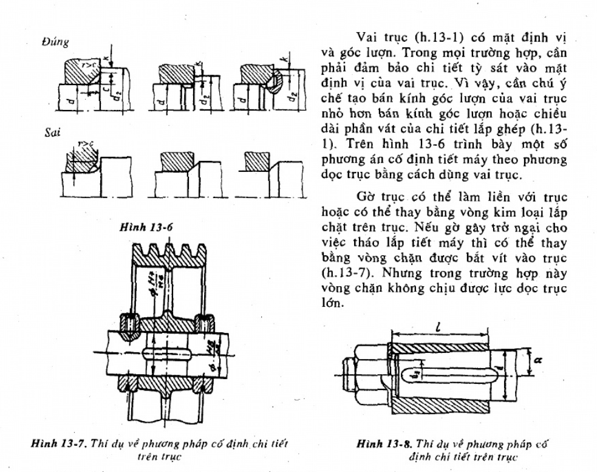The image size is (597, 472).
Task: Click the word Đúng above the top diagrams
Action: [55, 42]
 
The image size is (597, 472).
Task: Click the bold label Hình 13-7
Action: [55, 443]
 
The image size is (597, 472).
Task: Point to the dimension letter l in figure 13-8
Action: [438, 327]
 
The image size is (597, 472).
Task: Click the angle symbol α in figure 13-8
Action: [537, 360]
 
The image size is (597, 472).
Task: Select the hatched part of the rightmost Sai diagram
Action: [256, 161]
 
